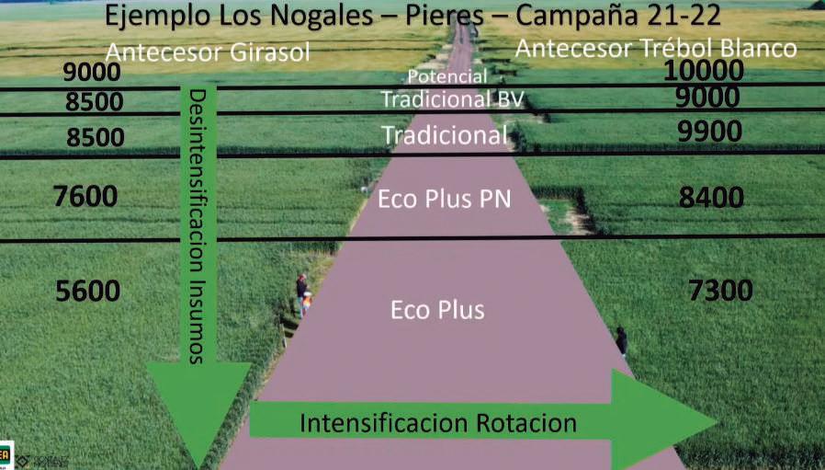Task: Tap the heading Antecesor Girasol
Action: point(207,52)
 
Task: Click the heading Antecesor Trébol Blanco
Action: point(656,49)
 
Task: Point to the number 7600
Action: point(85,196)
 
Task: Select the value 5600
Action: point(88,292)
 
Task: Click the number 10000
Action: point(703,71)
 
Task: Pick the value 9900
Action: point(709,132)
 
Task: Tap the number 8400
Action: point(710,197)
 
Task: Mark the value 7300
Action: point(720,292)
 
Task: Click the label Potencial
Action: point(446,76)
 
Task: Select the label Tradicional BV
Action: point(451,98)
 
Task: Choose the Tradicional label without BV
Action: point(445,136)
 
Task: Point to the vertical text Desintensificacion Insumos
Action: point(198,227)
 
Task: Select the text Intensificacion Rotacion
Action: point(438,423)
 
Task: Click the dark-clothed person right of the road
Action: point(622,342)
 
